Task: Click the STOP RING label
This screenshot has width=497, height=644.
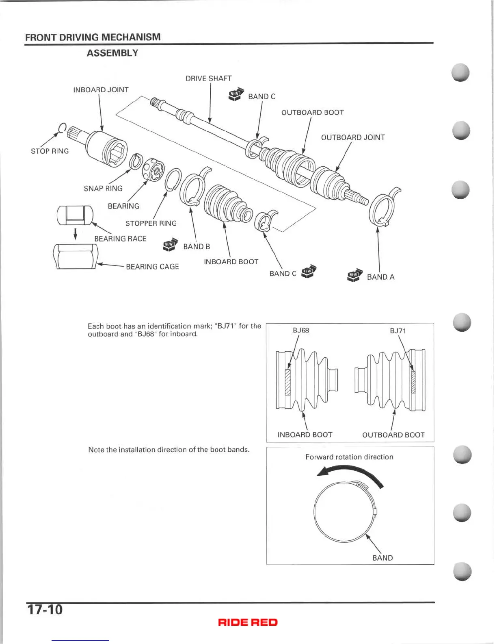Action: tap(50, 151)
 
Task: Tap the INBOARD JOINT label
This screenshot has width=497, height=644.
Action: tap(101, 90)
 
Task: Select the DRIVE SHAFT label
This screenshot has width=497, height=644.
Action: tap(208, 78)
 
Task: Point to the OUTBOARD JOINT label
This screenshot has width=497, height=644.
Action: tap(352, 137)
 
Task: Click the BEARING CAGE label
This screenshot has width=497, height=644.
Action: tap(152, 267)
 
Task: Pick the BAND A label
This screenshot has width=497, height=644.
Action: tap(380, 277)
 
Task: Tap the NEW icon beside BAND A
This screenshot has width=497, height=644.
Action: tap(354, 275)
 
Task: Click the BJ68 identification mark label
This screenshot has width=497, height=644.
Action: tap(301, 330)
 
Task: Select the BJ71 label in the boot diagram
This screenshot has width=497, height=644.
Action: tap(398, 331)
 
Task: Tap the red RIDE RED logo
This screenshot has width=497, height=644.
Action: tap(248, 622)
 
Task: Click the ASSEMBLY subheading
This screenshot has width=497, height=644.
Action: tap(112, 53)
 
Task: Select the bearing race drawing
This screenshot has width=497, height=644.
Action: tap(76, 215)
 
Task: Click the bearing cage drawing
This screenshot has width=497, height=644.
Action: tap(76, 257)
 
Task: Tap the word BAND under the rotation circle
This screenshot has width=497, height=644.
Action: tap(382, 558)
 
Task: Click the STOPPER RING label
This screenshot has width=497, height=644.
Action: tap(151, 224)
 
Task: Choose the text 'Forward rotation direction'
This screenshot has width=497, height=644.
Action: tap(349, 457)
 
